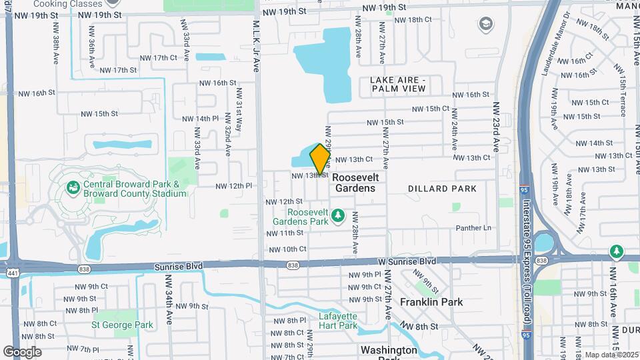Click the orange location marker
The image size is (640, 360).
[321, 159]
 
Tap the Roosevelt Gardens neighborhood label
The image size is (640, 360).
[355, 183]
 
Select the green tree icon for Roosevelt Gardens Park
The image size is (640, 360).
[338, 215]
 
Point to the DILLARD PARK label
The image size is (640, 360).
[442, 189]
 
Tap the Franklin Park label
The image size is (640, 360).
[431, 302]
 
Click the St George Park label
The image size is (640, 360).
[123, 325]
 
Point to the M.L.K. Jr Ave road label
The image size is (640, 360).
[256, 45]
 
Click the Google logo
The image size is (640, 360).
[22, 352]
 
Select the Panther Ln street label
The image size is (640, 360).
[473, 228]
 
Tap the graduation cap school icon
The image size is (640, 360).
[486, 25]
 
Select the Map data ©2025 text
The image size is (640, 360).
[611, 355]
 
